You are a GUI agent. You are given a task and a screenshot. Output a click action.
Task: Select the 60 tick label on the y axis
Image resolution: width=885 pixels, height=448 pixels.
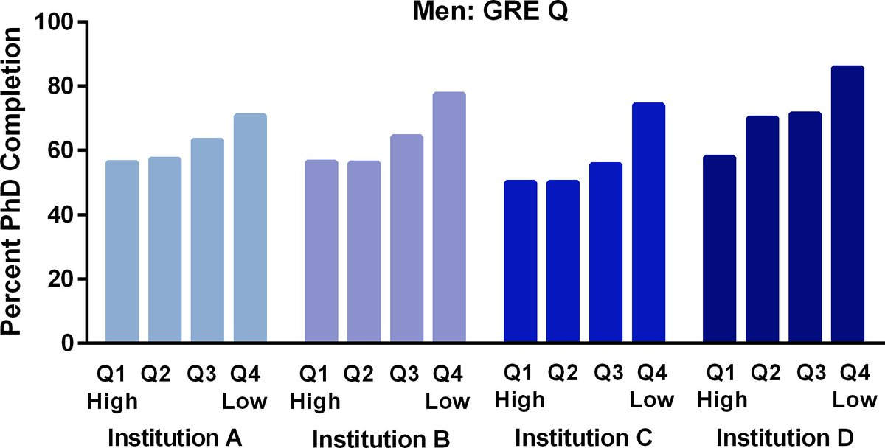click(64, 150)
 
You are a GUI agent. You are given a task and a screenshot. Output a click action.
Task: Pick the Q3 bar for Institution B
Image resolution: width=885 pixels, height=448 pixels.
click(406, 239)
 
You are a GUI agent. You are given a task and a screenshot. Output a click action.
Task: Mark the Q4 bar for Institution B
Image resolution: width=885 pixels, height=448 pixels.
click(449, 218)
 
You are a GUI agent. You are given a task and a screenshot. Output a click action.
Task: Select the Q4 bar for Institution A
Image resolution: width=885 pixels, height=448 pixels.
click(250, 228)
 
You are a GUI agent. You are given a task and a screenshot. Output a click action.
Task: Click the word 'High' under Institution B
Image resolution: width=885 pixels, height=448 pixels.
click(315, 402)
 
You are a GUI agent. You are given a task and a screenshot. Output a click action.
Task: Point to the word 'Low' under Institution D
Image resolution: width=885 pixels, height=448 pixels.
click(855, 402)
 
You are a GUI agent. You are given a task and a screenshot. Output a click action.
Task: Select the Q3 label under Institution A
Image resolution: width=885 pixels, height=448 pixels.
click(202, 374)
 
